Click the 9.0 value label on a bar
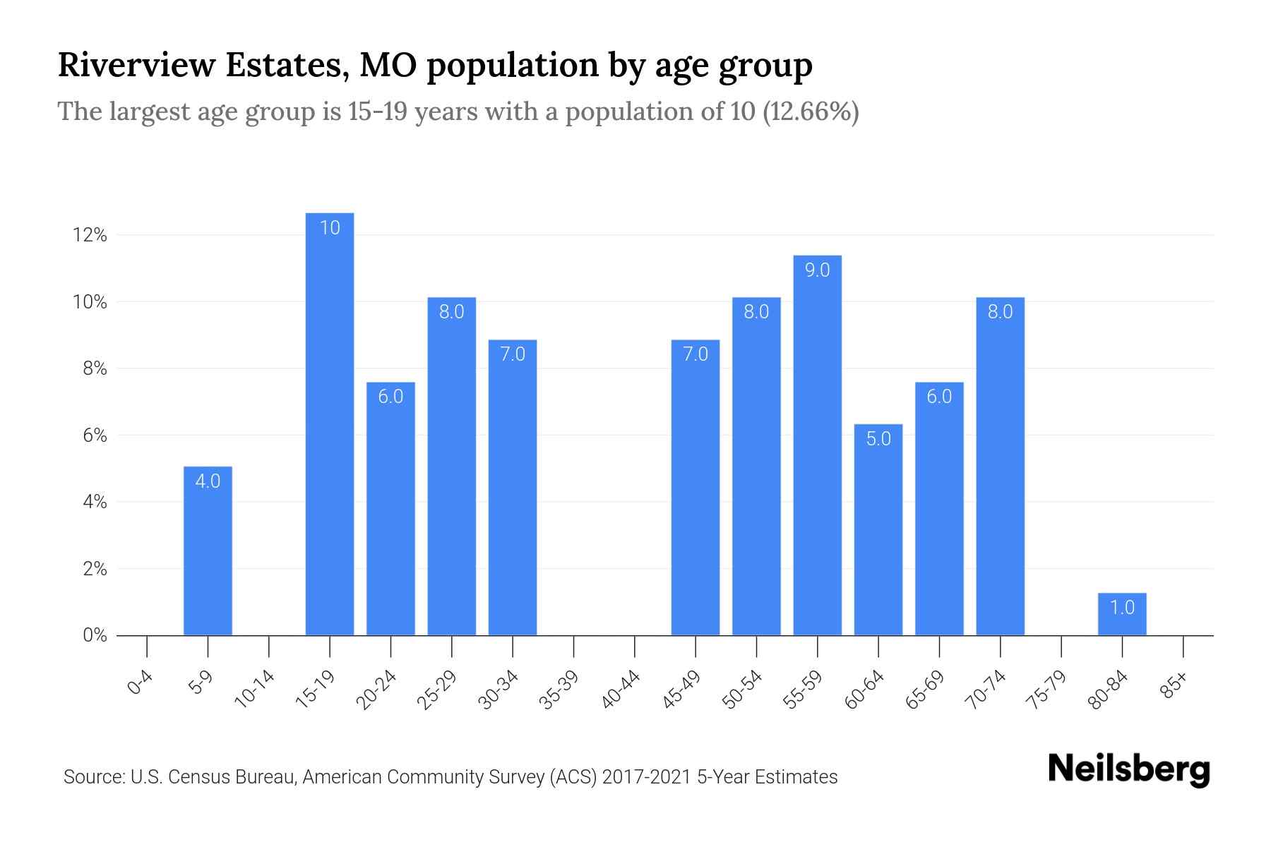click(x=817, y=270)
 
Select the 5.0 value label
click(x=878, y=439)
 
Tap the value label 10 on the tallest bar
click(x=330, y=227)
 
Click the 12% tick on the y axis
click(x=90, y=235)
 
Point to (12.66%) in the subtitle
click(x=811, y=112)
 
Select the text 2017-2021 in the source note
click(x=646, y=777)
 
